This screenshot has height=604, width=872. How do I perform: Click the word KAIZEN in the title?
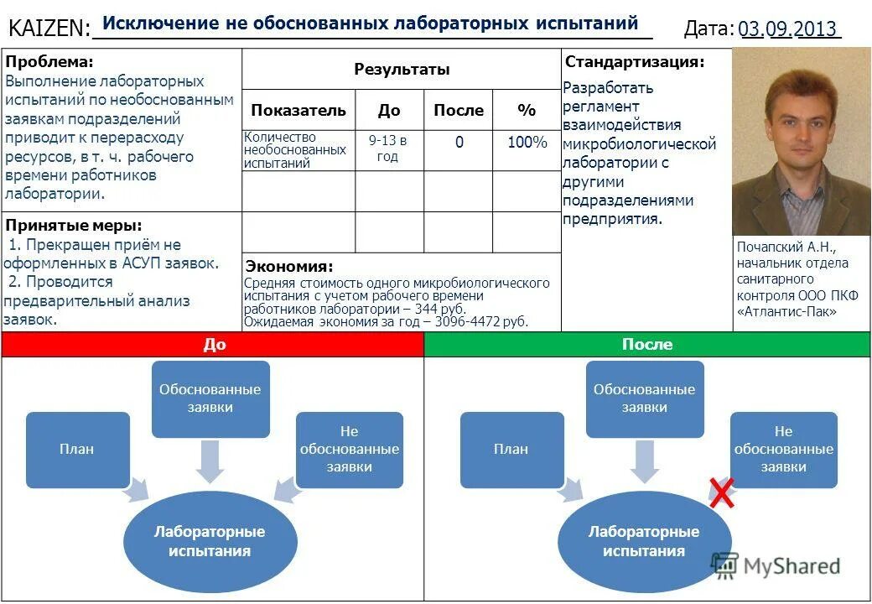pos(49,29)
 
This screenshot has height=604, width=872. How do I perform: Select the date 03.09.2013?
pos(788,29)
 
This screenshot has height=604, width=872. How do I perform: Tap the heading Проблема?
pos(49,62)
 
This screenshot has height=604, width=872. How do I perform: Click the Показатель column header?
pos(298,110)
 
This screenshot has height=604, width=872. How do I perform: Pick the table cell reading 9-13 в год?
pos(387,148)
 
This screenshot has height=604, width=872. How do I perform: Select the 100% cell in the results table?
pos(527,143)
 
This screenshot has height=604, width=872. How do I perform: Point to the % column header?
pos(527,110)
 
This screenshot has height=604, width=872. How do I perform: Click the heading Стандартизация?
pos(635,62)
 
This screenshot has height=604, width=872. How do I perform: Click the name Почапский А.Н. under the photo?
pos(786,247)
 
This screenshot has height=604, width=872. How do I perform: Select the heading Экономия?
pos(288,266)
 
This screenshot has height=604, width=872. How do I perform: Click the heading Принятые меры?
pos(74,225)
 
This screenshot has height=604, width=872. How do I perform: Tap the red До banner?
pos(213,345)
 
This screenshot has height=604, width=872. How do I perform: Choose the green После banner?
pos(647,345)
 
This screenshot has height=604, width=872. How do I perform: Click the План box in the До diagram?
pos(77,449)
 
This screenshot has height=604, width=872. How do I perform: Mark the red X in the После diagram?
pos(723,492)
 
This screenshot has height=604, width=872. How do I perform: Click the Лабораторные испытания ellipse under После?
pos(644,541)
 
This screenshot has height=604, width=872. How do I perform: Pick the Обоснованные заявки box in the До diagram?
pos(210,398)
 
